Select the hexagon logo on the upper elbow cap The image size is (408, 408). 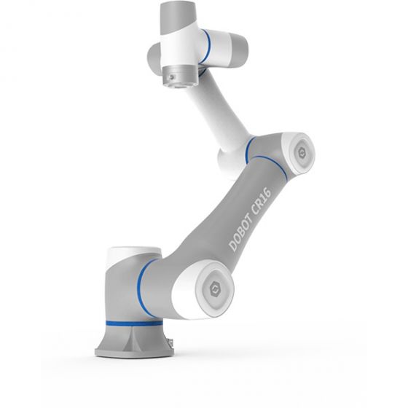point(300,151)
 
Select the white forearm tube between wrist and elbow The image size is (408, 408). point(219,109)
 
